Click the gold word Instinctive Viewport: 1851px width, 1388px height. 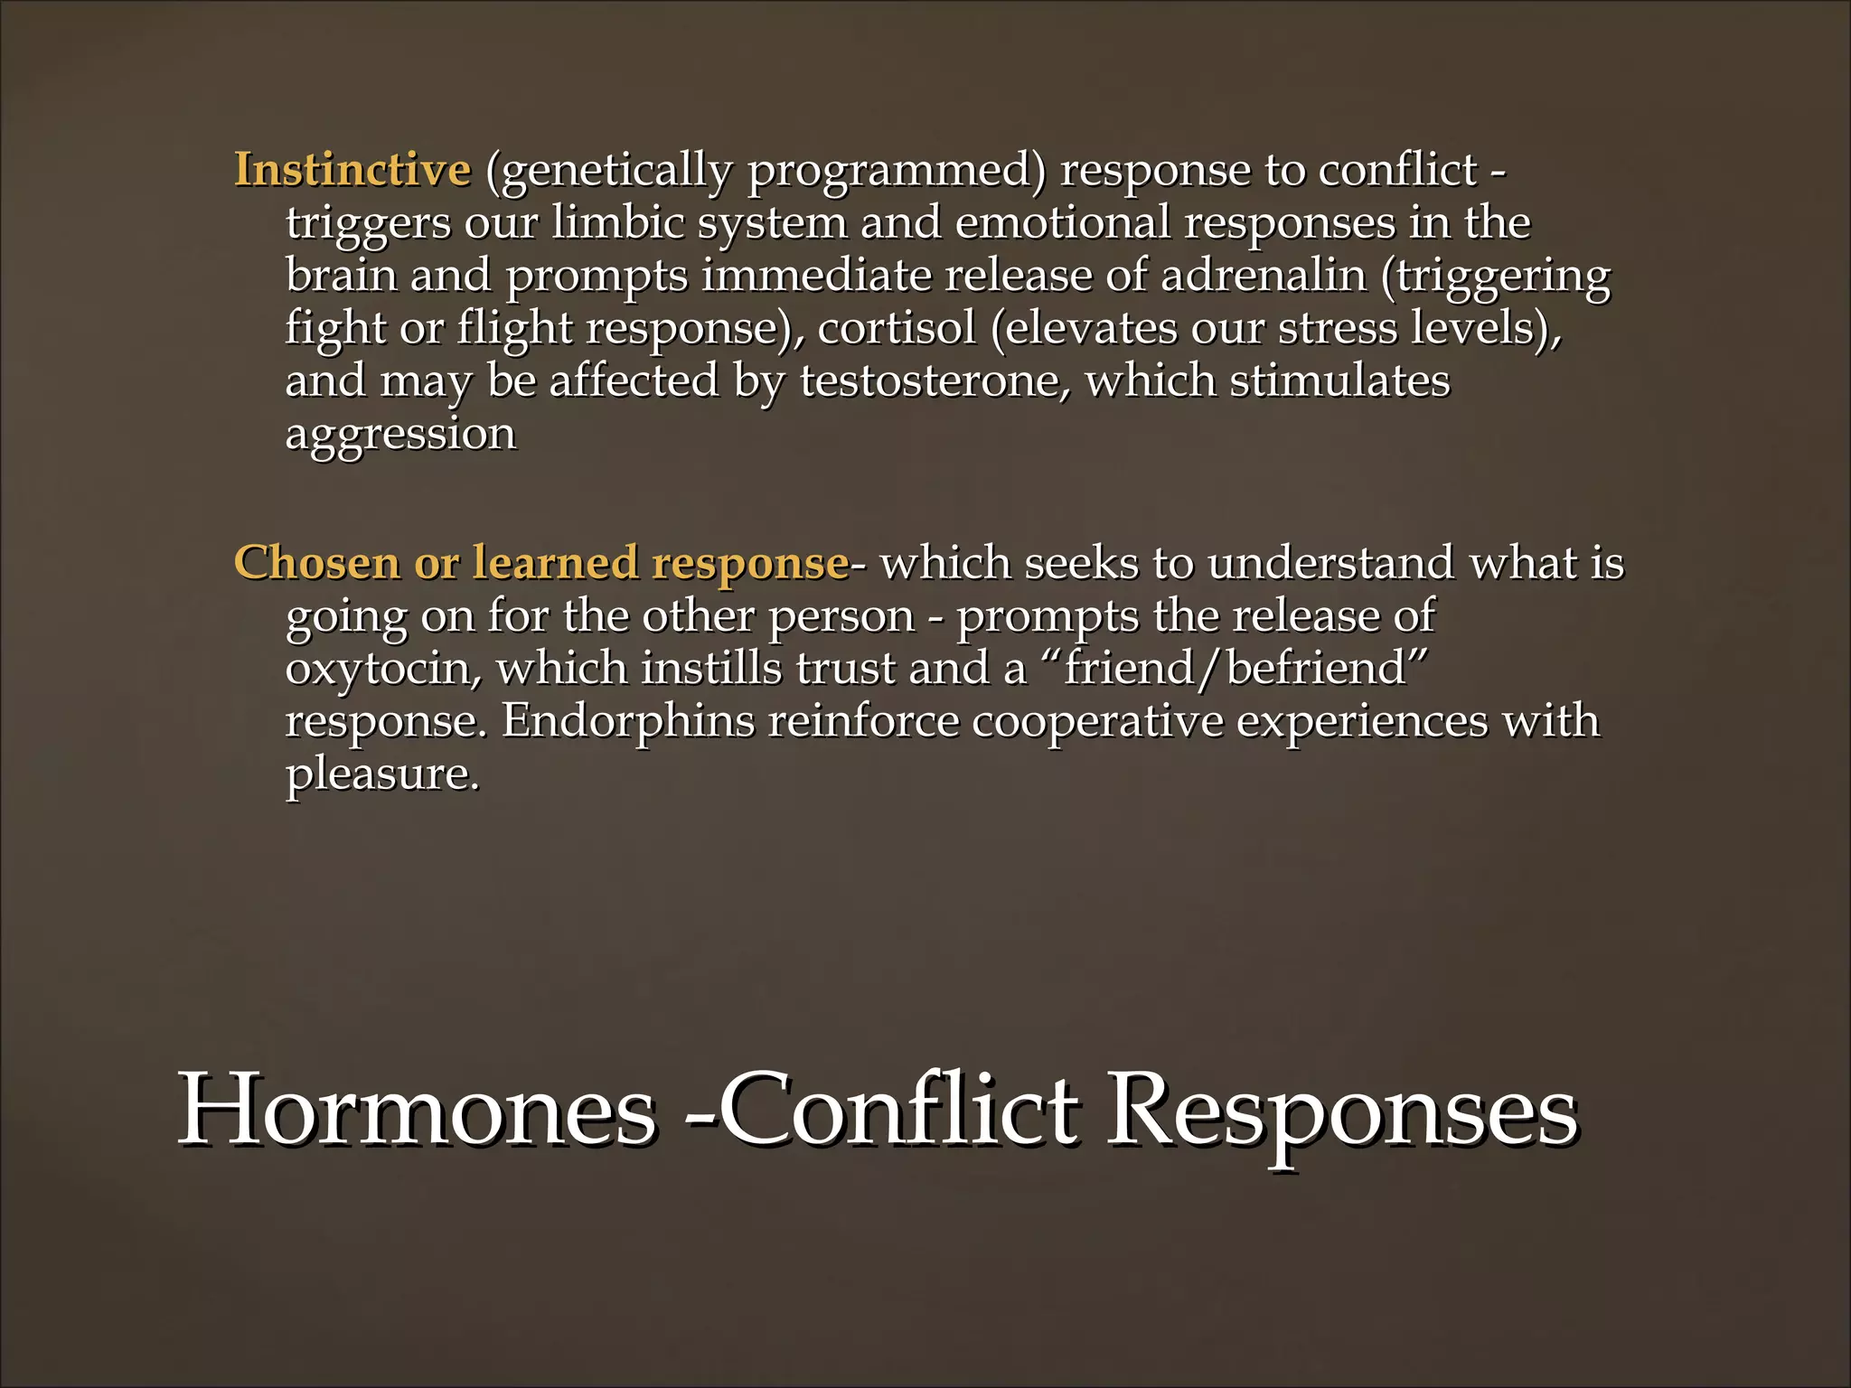click(352, 170)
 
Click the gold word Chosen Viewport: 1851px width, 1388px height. click(317, 562)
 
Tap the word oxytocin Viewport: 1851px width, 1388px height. click(383, 669)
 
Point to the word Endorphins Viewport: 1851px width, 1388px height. click(628, 721)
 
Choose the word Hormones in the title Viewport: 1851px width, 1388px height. click(417, 1110)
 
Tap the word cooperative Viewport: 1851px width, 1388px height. click(1096, 721)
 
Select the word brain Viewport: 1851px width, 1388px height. click(342, 275)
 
